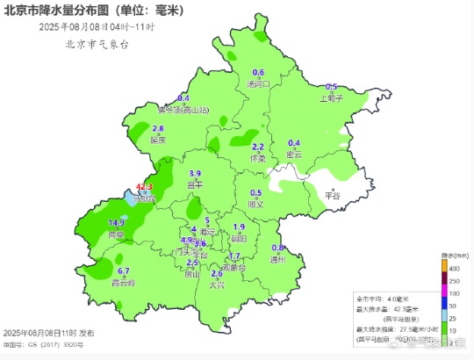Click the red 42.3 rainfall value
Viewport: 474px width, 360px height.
(x=144, y=188)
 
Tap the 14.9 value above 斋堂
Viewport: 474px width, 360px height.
(x=116, y=224)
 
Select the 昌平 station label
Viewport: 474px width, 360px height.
(x=195, y=185)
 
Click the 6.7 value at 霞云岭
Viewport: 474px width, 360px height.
(x=124, y=271)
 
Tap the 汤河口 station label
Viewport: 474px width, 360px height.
(x=258, y=84)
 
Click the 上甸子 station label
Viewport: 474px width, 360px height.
(x=331, y=98)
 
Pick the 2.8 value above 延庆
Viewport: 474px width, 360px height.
(x=158, y=129)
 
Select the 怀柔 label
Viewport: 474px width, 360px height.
(x=258, y=158)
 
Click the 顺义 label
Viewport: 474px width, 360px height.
(x=255, y=204)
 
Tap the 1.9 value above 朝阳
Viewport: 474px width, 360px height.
(x=239, y=227)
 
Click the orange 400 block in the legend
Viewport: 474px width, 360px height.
(x=444, y=265)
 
